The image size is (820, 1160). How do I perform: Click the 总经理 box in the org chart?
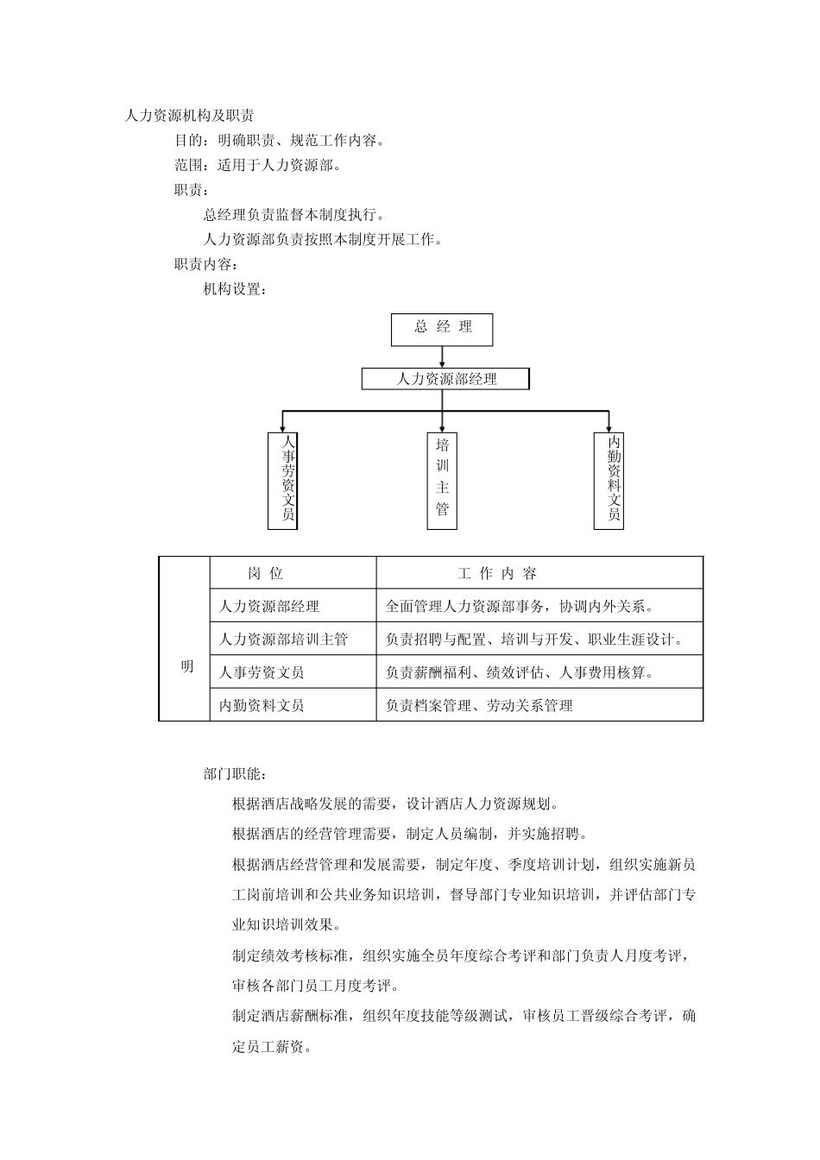click(x=442, y=329)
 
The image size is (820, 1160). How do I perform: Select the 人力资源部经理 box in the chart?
click(x=445, y=379)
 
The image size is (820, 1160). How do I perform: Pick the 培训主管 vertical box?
click(x=442, y=480)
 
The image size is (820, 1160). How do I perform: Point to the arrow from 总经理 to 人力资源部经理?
click(x=442, y=356)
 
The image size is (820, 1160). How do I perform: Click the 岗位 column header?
click(x=266, y=574)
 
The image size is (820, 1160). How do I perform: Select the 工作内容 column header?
click(x=496, y=574)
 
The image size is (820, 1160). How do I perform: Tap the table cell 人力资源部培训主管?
click(x=283, y=640)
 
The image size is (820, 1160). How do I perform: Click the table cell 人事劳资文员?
click(x=262, y=672)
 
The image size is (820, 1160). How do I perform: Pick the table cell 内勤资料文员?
click(x=262, y=705)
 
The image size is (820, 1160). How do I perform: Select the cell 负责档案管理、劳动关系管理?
click(x=479, y=705)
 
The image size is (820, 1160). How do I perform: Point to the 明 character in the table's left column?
click(x=186, y=666)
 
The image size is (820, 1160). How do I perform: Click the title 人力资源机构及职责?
click(x=189, y=116)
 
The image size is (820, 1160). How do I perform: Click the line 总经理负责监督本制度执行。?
click(x=294, y=215)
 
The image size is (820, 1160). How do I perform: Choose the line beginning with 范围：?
click(x=257, y=165)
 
